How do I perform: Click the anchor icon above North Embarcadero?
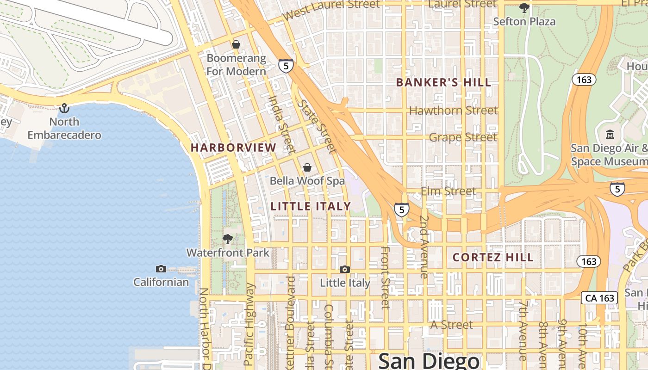pyautogui.click(x=64, y=108)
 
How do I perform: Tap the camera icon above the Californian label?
pyautogui.click(x=161, y=269)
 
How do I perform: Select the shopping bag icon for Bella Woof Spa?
pyautogui.click(x=307, y=167)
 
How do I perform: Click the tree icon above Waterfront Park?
pyautogui.click(x=227, y=239)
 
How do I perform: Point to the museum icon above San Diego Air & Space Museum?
pyautogui.click(x=610, y=135)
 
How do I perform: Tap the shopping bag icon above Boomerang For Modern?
pyautogui.click(x=236, y=44)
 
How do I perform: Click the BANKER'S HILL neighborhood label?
pyautogui.click(x=443, y=83)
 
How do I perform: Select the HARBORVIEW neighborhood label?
pyautogui.click(x=233, y=148)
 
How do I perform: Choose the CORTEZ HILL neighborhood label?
pyautogui.click(x=493, y=257)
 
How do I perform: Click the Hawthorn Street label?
pyautogui.click(x=454, y=111)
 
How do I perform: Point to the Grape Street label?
pyautogui.click(x=463, y=137)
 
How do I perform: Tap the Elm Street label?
pyautogui.click(x=448, y=191)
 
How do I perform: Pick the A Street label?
pyautogui.click(x=451, y=325)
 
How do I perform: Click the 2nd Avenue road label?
pyautogui.click(x=424, y=247)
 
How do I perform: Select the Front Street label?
pyautogui.click(x=385, y=277)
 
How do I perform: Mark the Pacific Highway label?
pyautogui.click(x=249, y=324)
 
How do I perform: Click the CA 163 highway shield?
pyautogui.click(x=600, y=298)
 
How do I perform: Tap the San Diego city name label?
pyautogui.click(x=429, y=361)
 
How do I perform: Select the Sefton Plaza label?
pyautogui.click(x=524, y=21)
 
